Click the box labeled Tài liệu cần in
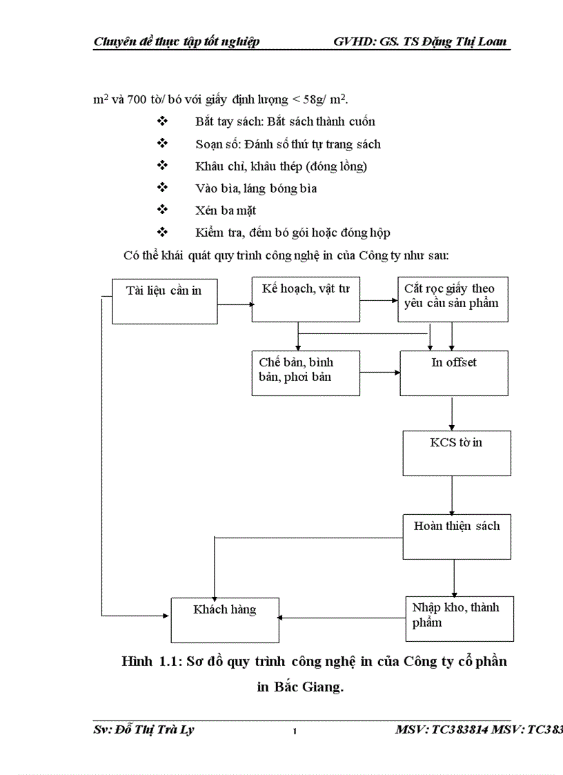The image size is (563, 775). tap(165, 301)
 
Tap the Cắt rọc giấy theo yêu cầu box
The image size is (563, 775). tap(453, 299)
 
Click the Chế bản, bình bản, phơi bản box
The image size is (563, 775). tap(306, 373)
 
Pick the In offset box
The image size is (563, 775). tap(454, 373)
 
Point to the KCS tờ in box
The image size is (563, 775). tap(457, 453)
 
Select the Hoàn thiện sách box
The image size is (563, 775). tap(457, 536)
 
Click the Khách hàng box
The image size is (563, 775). tap(225, 620)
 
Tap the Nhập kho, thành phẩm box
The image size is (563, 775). tap(459, 618)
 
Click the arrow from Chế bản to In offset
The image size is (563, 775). tap(380, 372)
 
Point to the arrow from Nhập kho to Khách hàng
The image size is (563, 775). tap(342, 618)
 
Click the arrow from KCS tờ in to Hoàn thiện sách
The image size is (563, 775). tap(452, 494)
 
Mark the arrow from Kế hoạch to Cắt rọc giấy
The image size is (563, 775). tap(379, 300)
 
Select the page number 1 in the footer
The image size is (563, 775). tap(295, 732)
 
